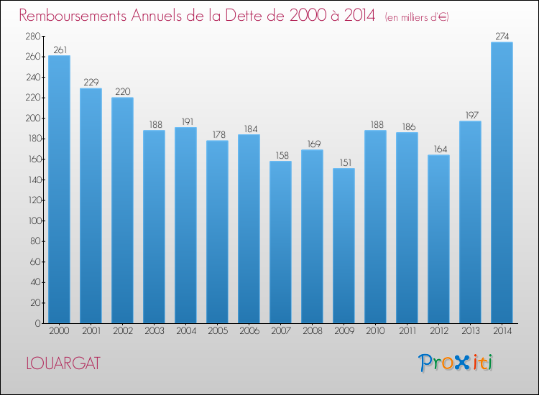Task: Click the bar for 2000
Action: [x=59, y=190]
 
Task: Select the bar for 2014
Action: [x=502, y=182]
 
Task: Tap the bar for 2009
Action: [x=344, y=246]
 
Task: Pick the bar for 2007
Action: [x=280, y=242]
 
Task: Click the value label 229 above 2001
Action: [x=91, y=83]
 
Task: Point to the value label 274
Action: [x=502, y=36]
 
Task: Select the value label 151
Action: [x=346, y=162]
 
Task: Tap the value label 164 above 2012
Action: [x=441, y=149]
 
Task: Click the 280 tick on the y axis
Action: [x=33, y=36]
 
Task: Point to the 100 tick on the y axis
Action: [x=34, y=221]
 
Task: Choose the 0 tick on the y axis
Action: [x=38, y=323]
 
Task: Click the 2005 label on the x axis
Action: [x=218, y=331]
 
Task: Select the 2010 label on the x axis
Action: [x=375, y=331]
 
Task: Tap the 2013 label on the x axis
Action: [x=471, y=331]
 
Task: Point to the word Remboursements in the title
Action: [x=73, y=16]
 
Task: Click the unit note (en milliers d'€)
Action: [x=417, y=17]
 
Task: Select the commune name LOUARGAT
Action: [x=63, y=363]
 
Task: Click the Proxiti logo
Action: [x=456, y=363]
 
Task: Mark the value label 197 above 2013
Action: [x=472, y=115]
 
